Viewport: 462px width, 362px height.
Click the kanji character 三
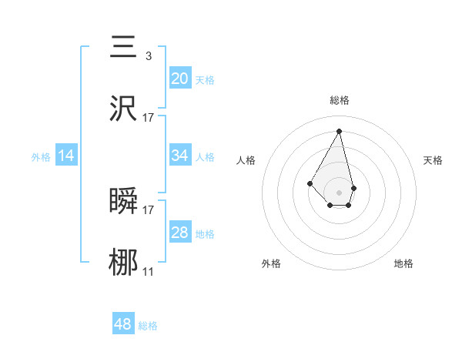(124, 45)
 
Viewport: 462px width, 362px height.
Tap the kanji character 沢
(124, 108)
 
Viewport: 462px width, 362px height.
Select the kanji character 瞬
(124, 201)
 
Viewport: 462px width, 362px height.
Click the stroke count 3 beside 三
(148, 55)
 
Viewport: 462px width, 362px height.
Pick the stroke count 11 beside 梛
(148, 271)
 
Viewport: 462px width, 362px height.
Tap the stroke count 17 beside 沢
(148, 117)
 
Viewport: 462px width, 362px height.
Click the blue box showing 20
(179, 78)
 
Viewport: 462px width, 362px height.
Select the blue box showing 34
(179, 156)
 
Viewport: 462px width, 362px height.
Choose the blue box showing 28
(179, 233)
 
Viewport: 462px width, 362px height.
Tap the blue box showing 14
(66, 156)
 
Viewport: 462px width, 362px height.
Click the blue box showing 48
(123, 324)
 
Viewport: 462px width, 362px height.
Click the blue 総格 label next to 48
(148, 326)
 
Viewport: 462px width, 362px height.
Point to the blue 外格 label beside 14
(41, 157)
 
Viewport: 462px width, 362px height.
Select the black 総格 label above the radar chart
(339, 100)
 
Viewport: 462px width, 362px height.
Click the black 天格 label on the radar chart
(433, 160)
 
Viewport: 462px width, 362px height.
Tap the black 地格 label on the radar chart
(403, 263)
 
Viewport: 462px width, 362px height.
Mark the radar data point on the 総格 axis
(339, 130)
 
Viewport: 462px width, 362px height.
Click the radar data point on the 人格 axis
(310, 183)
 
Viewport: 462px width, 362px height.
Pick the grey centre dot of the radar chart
(339, 192)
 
